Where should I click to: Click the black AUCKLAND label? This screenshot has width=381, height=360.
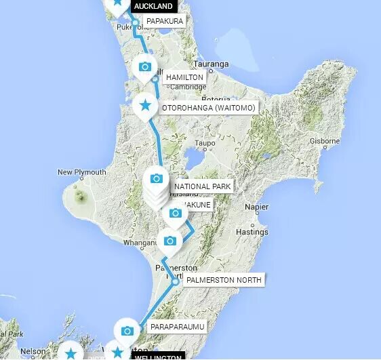153,6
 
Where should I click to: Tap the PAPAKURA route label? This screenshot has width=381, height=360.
164,22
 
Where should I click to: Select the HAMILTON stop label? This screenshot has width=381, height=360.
184,78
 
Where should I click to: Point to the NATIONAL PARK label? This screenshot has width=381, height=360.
203,186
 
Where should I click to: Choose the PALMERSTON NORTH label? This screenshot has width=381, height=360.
224,279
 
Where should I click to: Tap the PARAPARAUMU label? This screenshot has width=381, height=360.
177,327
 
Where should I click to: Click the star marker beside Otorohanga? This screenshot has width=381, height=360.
144,105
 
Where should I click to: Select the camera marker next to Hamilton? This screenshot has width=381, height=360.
144,66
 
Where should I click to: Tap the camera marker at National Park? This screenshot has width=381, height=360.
157,178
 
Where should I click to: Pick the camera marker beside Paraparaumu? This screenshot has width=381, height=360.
127,330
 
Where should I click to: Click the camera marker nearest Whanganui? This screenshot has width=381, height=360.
170,241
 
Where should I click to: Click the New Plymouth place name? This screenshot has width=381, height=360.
81,172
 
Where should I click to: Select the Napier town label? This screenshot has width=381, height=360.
256,207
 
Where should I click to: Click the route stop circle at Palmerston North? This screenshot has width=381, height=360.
176,281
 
